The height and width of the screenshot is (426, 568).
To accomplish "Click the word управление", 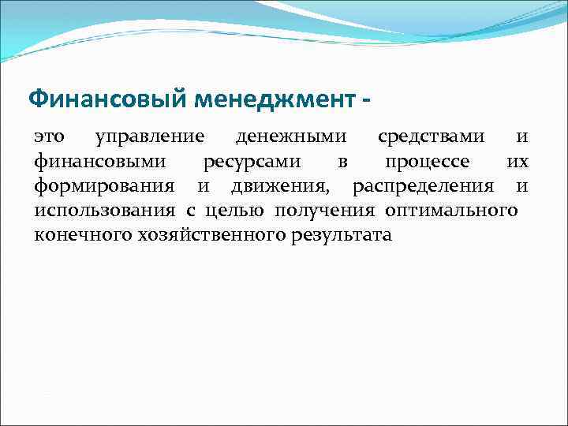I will tap(149, 137).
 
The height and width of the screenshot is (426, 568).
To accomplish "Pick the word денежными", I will tap(290, 137).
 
